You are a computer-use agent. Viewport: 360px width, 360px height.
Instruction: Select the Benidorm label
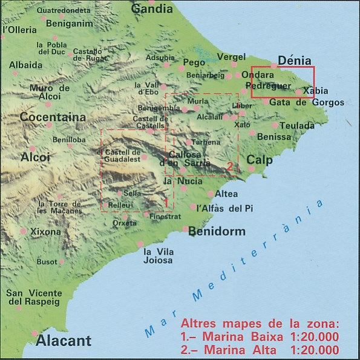[x=217, y=231]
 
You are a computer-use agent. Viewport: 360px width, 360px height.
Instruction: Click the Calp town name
[x=259, y=160]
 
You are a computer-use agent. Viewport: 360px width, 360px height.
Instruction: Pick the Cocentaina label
[x=53, y=117]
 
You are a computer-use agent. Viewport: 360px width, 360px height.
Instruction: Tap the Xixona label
[x=45, y=232]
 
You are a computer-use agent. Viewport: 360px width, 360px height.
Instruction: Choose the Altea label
[x=226, y=194]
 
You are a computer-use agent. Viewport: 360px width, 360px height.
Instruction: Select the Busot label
[x=47, y=262]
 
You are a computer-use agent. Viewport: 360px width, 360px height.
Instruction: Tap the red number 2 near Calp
[x=231, y=165]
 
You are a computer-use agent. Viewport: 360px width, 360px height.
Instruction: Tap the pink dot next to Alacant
[x=35, y=333]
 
